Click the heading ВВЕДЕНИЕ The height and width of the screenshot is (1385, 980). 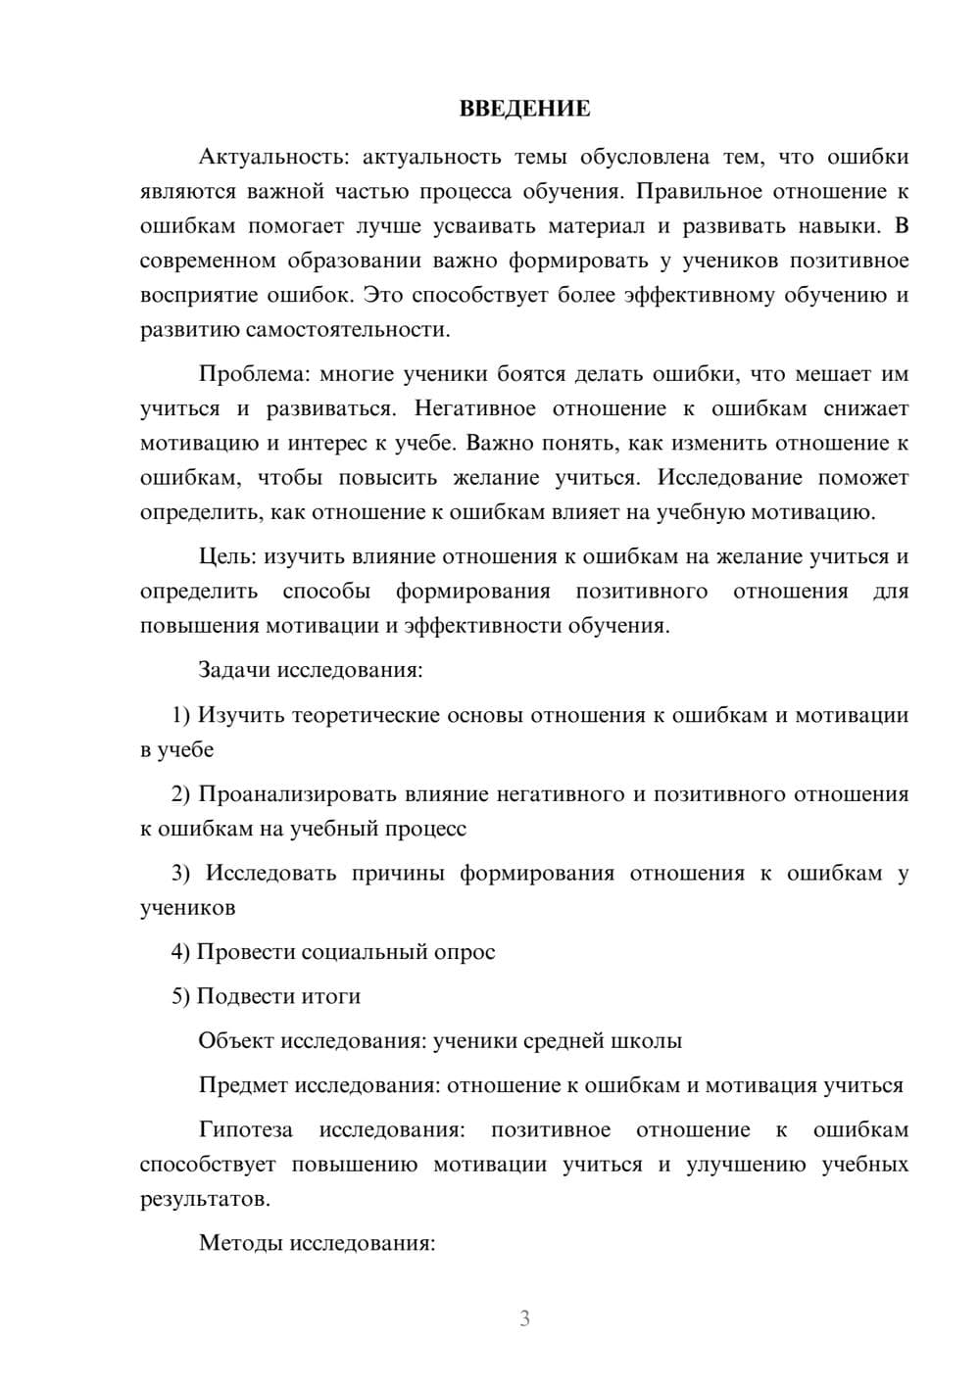pos(524,109)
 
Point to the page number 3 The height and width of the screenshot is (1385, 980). pos(524,1318)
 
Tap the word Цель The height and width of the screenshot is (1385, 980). pos(226,557)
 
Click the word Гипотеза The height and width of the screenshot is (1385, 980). pos(246,1130)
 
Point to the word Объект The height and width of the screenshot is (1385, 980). pos(236,1041)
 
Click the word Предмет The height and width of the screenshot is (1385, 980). pos(243,1085)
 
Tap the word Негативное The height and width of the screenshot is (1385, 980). pos(475,408)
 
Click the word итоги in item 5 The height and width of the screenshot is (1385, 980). pos(330,996)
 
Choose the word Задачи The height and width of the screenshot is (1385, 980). pos(234,671)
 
